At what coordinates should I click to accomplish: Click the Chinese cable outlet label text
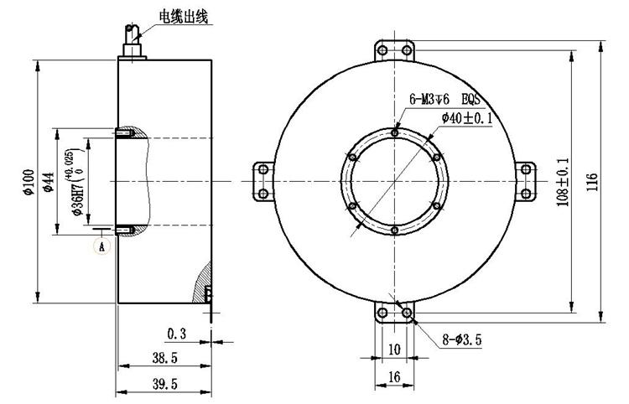point(184,18)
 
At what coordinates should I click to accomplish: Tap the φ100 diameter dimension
point(29,182)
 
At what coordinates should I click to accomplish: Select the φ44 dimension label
point(49,182)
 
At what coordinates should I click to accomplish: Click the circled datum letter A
point(101,246)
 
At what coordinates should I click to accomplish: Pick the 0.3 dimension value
point(177,334)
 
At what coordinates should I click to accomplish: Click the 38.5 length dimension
point(164,358)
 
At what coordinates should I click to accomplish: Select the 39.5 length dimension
point(164,384)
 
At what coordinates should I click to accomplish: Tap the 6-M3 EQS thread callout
point(444,99)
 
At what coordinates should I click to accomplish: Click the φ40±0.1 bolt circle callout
point(467,118)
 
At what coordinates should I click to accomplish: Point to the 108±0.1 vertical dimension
point(563,182)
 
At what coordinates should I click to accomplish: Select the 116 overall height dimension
point(592,182)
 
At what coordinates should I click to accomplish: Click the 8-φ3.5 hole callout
point(462,340)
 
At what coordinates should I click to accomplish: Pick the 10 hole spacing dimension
point(395,349)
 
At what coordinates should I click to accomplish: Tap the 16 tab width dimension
point(394,376)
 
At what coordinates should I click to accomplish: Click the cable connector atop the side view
point(133,42)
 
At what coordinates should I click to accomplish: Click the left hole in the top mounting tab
point(382,50)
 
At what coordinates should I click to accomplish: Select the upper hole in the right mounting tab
point(526,169)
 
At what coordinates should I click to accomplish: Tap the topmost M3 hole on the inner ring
point(395,132)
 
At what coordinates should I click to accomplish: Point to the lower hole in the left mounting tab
point(263,194)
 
